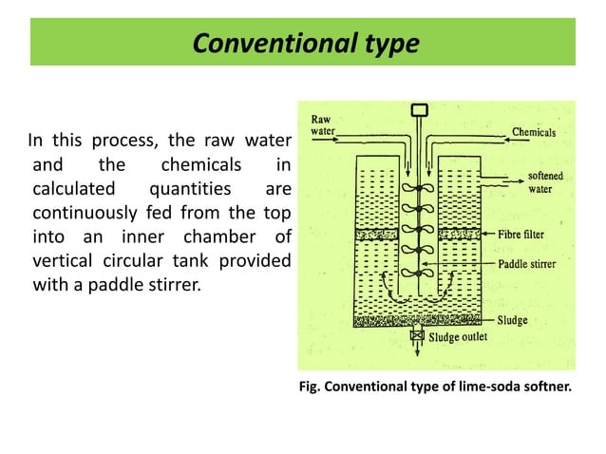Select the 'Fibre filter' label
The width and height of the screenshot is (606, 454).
[x=533, y=234]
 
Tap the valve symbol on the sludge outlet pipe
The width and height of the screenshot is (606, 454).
[x=416, y=335]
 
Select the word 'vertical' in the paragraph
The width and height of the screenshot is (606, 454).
[x=63, y=259]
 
